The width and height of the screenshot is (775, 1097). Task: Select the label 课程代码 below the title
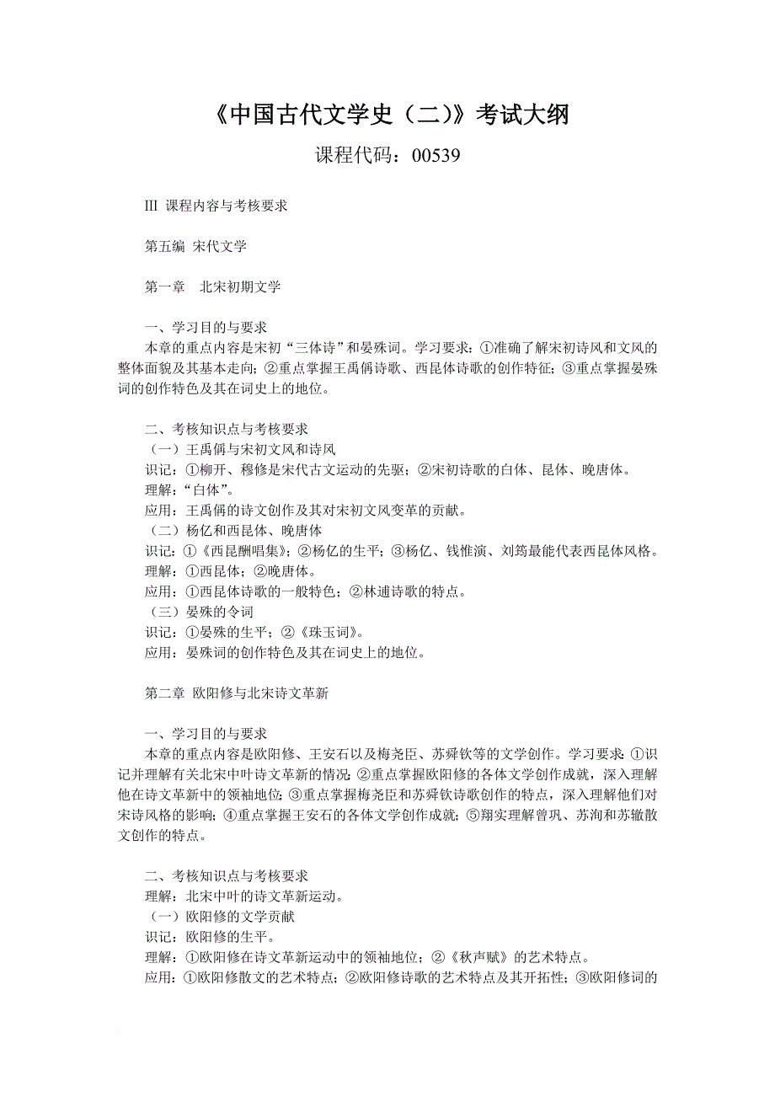pyautogui.click(x=350, y=156)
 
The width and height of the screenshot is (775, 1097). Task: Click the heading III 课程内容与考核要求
pyautogui.click(x=216, y=206)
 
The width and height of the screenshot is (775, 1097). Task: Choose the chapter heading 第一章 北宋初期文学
pyautogui.click(x=212, y=286)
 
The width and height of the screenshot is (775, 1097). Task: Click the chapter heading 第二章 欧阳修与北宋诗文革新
pyautogui.click(x=236, y=693)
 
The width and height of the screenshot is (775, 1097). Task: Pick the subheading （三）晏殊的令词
pyautogui.click(x=200, y=612)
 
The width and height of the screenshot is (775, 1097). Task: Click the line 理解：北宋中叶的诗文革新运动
pyautogui.click(x=244, y=896)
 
